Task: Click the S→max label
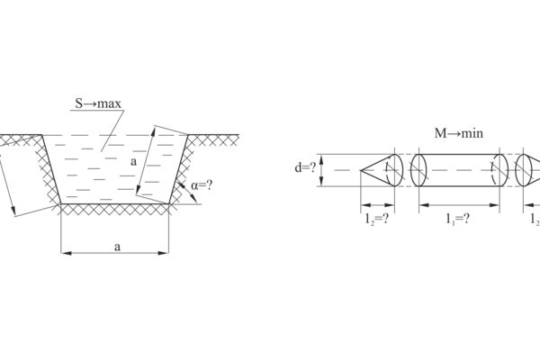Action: [x=98, y=103]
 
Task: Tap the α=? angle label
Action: [x=202, y=185]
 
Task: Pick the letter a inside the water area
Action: [x=133, y=161]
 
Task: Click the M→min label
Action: [x=459, y=133]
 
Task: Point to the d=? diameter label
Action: [x=305, y=167]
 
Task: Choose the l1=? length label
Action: [x=458, y=219]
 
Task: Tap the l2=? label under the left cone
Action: [x=377, y=219]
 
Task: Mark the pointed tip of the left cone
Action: [x=361, y=170]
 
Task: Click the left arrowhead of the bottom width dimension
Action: [x=66, y=253]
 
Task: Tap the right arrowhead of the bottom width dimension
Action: [x=164, y=253]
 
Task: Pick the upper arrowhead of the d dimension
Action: [x=321, y=159]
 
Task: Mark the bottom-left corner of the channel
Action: [x=61, y=204]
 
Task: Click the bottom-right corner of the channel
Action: [x=169, y=204]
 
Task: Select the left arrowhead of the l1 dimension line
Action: [x=424, y=205]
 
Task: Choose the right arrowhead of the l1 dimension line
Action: [x=494, y=205]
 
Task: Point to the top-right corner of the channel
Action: [x=188, y=135]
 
